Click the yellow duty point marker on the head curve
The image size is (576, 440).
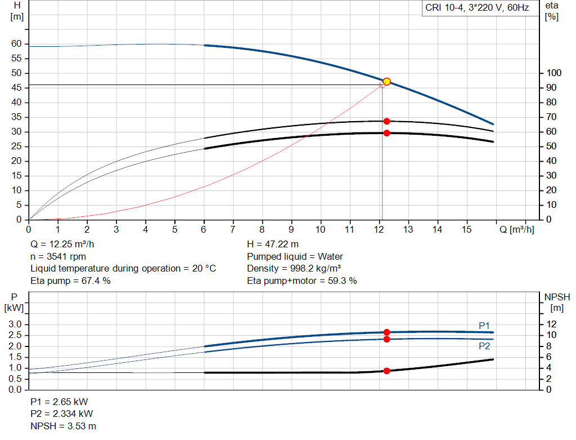(x=386, y=82)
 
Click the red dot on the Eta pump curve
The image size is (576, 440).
(x=386, y=121)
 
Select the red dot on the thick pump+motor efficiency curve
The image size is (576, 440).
(x=386, y=133)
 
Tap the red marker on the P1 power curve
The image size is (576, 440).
(x=386, y=332)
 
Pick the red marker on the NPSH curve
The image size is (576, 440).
(x=386, y=371)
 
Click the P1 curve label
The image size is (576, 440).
(x=484, y=326)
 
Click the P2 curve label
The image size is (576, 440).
(x=484, y=346)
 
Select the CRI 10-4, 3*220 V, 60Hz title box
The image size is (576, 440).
(x=476, y=8)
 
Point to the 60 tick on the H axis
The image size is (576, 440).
(x=16, y=44)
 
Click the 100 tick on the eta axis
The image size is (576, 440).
(x=553, y=73)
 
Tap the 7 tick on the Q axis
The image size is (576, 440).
(x=233, y=229)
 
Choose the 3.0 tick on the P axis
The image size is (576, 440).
(x=15, y=325)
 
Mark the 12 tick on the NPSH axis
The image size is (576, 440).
(x=551, y=325)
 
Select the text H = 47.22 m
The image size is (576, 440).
(x=273, y=245)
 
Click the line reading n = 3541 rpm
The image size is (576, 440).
(x=58, y=256)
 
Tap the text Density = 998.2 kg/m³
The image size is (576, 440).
(x=294, y=268)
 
